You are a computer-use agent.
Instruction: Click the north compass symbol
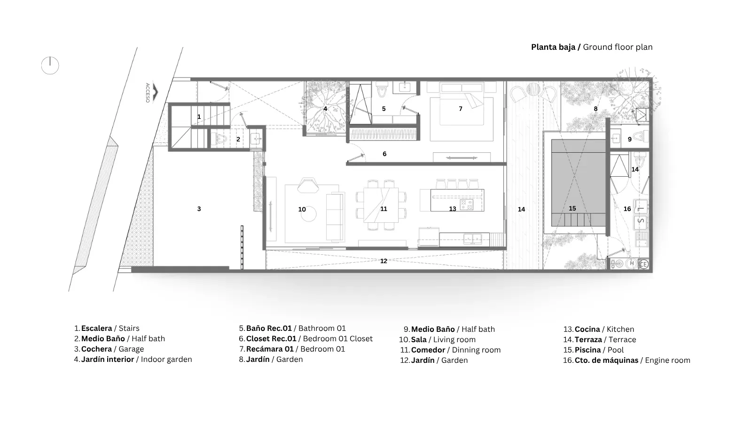(x=50, y=65)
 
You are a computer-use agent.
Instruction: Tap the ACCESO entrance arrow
(x=155, y=92)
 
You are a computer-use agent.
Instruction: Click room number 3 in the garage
(x=199, y=209)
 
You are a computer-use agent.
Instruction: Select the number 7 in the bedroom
(x=461, y=109)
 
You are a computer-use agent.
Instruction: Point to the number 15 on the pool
(x=572, y=209)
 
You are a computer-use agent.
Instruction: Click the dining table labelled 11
(x=381, y=205)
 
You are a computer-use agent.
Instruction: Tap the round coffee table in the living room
(x=308, y=214)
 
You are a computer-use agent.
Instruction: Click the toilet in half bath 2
(x=221, y=139)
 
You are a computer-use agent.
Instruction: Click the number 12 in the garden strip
(x=384, y=261)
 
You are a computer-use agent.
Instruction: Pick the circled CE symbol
(x=643, y=265)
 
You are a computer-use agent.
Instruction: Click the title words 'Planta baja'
(x=553, y=47)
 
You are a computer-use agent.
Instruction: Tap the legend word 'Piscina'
(x=587, y=350)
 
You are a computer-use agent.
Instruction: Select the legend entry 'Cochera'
(x=96, y=349)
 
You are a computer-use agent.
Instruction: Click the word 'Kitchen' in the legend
(x=620, y=329)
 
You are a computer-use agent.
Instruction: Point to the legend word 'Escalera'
(x=96, y=328)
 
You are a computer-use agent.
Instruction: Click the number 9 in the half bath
(x=630, y=139)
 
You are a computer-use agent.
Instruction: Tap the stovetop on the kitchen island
(x=466, y=204)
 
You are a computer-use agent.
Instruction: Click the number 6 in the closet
(x=384, y=154)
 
